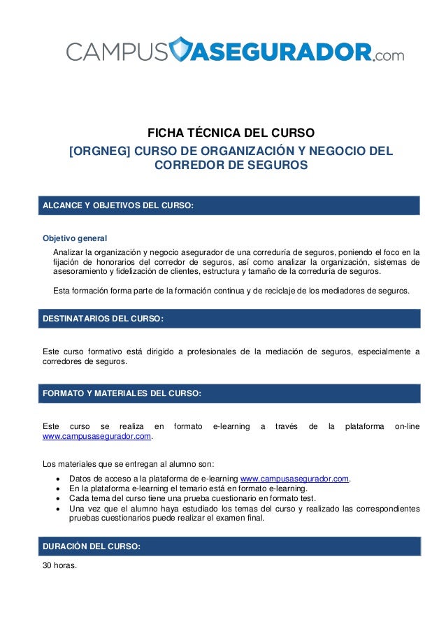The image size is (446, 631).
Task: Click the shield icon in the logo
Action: click(x=181, y=50)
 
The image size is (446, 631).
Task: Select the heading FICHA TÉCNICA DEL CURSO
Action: click(x=230, y=133)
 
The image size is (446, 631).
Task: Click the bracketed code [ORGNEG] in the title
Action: click(x=99, y=151)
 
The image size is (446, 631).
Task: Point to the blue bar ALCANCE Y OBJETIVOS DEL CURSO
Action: click(x=231, y=205)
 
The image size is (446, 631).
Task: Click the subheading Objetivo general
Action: click(x=75, y=238)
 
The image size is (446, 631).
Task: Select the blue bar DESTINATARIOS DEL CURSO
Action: click(x=231, y=319)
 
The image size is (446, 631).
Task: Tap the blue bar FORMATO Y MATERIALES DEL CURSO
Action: click(x=231, y=393)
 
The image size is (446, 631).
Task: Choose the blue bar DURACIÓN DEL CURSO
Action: click(x=231, y=546)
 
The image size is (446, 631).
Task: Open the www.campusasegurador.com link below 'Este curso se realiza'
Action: click(x=97, y=437)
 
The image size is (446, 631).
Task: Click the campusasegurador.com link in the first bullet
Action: click(x=294, y=479)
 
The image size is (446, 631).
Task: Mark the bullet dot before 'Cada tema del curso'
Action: click(x=57, y=499)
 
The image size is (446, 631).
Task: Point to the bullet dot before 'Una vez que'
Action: click(x=57, y=509)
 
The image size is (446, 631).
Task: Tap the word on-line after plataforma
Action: click(x=407, y=426)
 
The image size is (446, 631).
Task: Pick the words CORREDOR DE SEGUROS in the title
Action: click(x=230, y=166)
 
